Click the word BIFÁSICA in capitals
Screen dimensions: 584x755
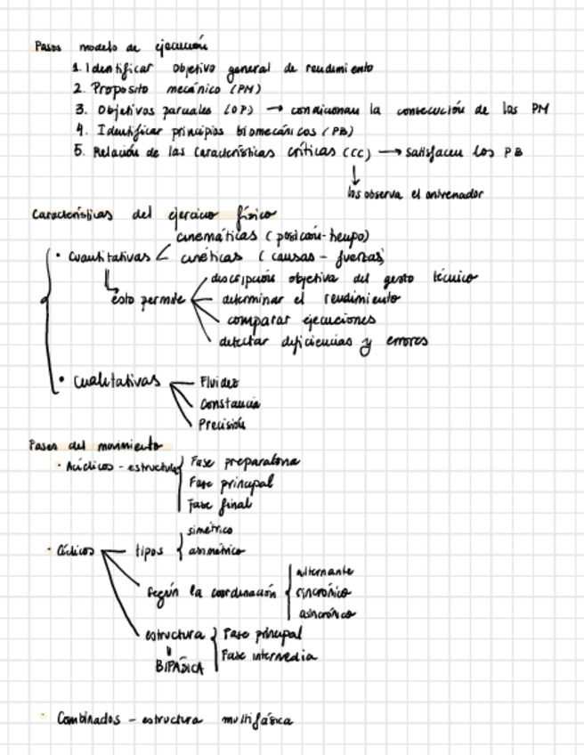180,665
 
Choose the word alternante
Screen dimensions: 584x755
322,571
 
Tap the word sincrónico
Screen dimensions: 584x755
322,592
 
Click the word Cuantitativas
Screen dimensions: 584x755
109,256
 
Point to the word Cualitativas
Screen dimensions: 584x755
116,382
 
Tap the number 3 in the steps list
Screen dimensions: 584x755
80,110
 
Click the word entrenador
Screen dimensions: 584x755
458,193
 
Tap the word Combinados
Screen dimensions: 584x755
88,718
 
